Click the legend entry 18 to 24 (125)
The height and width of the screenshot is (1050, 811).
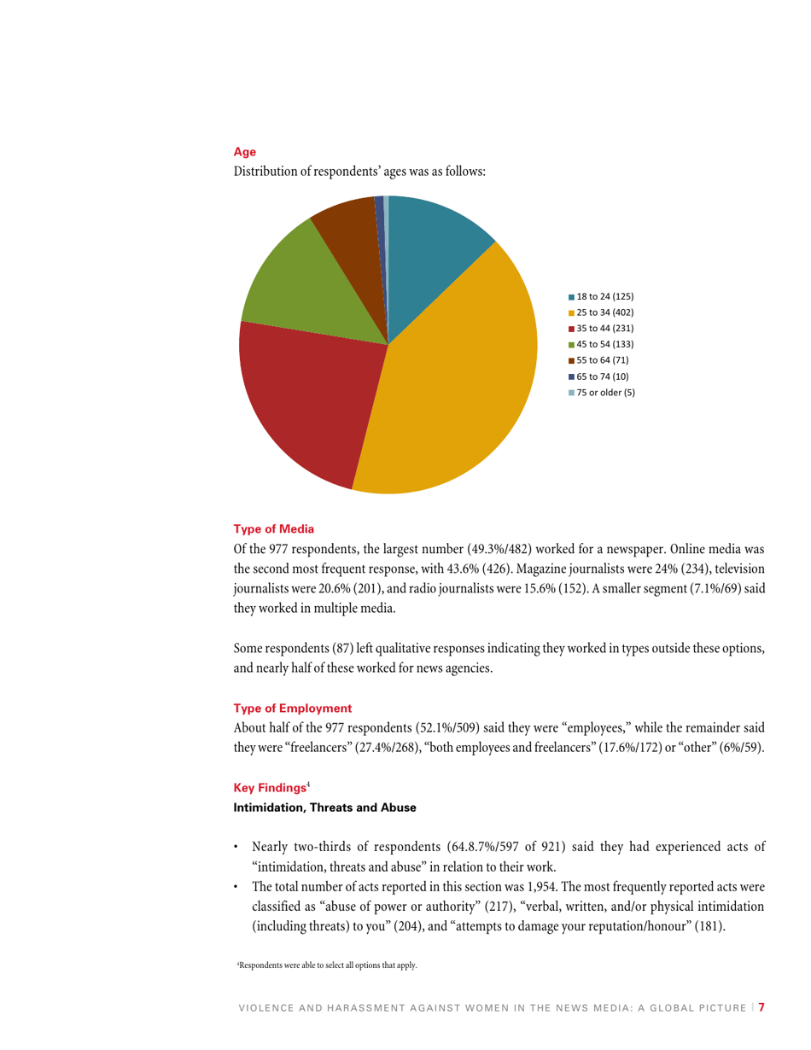[x=601, y=295]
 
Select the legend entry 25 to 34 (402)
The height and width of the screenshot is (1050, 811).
[x=601, y=312]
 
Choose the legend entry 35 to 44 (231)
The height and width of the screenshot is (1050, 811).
[x=601, y=328]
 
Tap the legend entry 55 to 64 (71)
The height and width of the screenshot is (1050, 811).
[x=598, y=359]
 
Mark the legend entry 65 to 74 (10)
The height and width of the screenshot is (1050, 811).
[x=598, y=376]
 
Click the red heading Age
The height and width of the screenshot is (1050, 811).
[x=245, y=152]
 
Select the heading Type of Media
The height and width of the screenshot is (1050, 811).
[x=274, y=528]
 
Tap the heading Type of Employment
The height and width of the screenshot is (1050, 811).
[x=292, y=708]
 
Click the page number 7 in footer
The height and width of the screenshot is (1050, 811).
[x=761, y=1007]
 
